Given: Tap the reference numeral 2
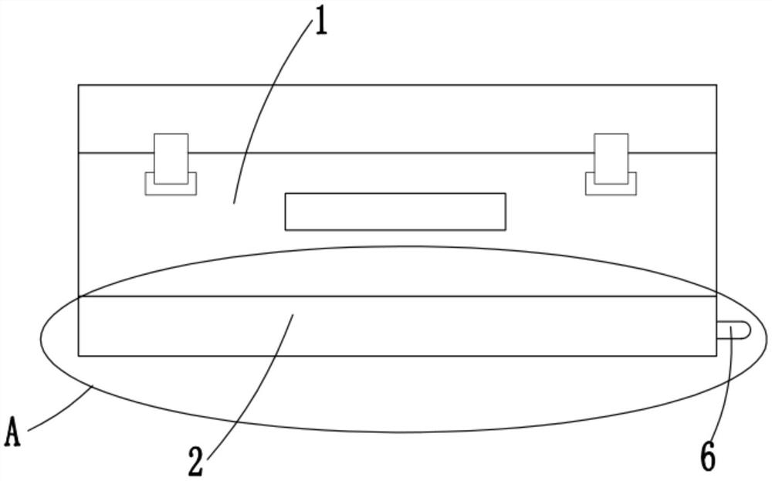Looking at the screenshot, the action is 196,462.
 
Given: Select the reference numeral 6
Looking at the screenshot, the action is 707,457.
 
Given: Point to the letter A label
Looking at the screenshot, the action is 12,432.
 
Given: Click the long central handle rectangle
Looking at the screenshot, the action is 395,212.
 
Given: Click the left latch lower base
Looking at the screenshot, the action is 171,188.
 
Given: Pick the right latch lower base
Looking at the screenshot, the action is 611,188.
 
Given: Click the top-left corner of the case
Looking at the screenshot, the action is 79,85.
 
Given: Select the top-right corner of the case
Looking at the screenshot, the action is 716,85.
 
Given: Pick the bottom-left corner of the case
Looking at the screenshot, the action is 79,356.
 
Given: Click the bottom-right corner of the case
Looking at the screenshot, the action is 716,356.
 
